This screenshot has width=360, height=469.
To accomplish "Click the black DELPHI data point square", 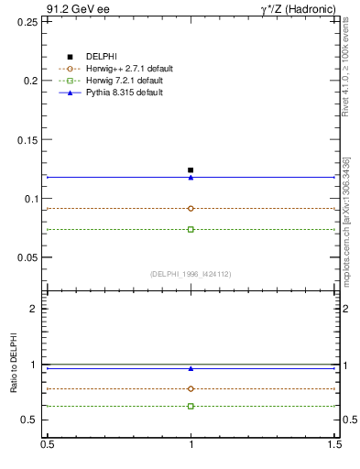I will click(191, 169).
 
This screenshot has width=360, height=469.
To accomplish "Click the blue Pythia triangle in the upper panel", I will click(191, 177).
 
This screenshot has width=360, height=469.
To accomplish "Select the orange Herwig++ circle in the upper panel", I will click(191, 208).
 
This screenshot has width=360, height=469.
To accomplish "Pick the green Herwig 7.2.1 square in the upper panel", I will click(191, 229).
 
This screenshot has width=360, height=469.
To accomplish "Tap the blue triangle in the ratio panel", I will click(191, 368).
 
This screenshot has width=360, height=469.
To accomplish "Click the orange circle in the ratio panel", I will click(191, 388).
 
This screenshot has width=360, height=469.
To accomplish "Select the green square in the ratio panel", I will click(191, 406).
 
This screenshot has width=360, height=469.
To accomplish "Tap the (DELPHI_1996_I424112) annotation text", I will click(191, 273).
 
